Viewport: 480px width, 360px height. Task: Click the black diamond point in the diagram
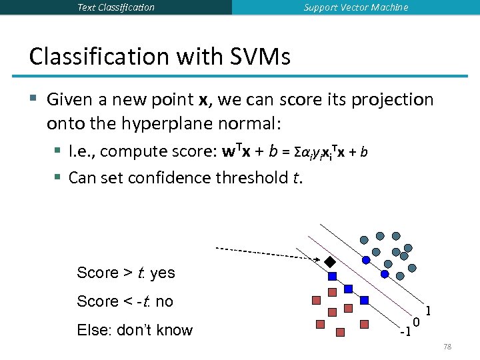(329, 261)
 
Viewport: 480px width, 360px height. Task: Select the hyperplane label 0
(416, 323)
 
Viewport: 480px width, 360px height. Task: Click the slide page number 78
(447, 347)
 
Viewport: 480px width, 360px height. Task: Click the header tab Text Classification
(115, 7)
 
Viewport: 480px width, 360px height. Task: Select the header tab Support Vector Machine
(355, 7)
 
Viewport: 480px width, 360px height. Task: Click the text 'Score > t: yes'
(126, 273)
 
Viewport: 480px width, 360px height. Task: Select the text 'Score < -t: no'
(125, 301)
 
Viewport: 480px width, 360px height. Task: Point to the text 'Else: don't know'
(135, 330)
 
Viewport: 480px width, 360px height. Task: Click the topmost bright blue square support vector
(333, 275)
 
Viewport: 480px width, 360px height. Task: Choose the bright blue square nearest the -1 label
(364, 300)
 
